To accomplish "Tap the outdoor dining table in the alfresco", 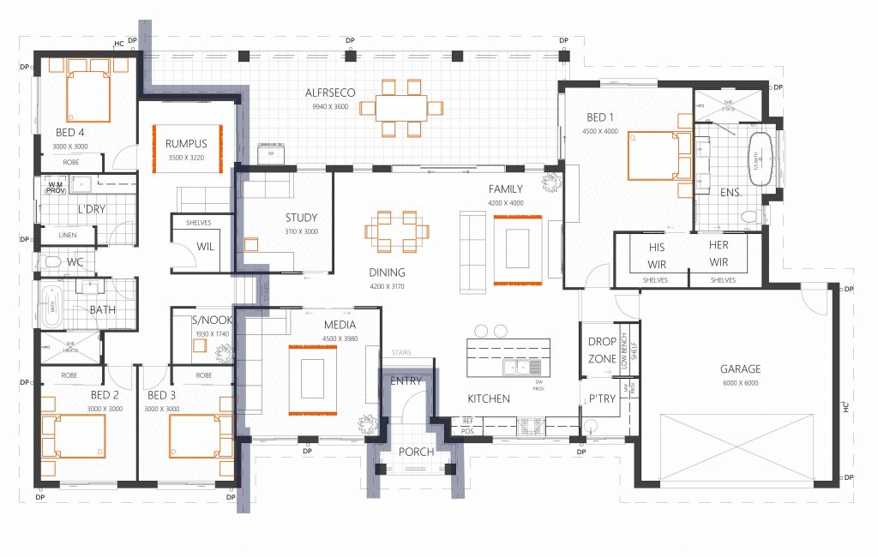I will pos(400,108).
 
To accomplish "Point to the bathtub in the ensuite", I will pos(760,159).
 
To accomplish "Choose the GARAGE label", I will pos(739,369).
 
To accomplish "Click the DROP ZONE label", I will pos(602,350).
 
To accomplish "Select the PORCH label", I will pos(416,452).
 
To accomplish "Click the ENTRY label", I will pos(406,380).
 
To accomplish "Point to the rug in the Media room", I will pos(312,379).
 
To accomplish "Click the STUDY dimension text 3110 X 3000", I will pos(301,231).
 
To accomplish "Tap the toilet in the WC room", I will pos(53,262).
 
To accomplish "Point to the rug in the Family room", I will pos(517,250).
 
